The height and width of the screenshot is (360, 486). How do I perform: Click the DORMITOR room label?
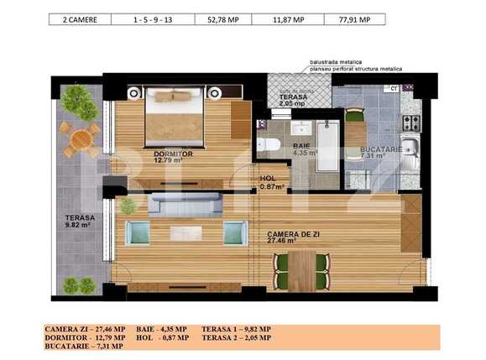click(x=173, y=154)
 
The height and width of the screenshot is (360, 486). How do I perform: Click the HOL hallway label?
click(x=268, y=178)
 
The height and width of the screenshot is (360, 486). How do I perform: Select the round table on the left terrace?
click(x=81, y=138)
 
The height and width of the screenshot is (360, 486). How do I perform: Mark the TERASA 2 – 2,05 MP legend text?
click(x=236, y=337)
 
